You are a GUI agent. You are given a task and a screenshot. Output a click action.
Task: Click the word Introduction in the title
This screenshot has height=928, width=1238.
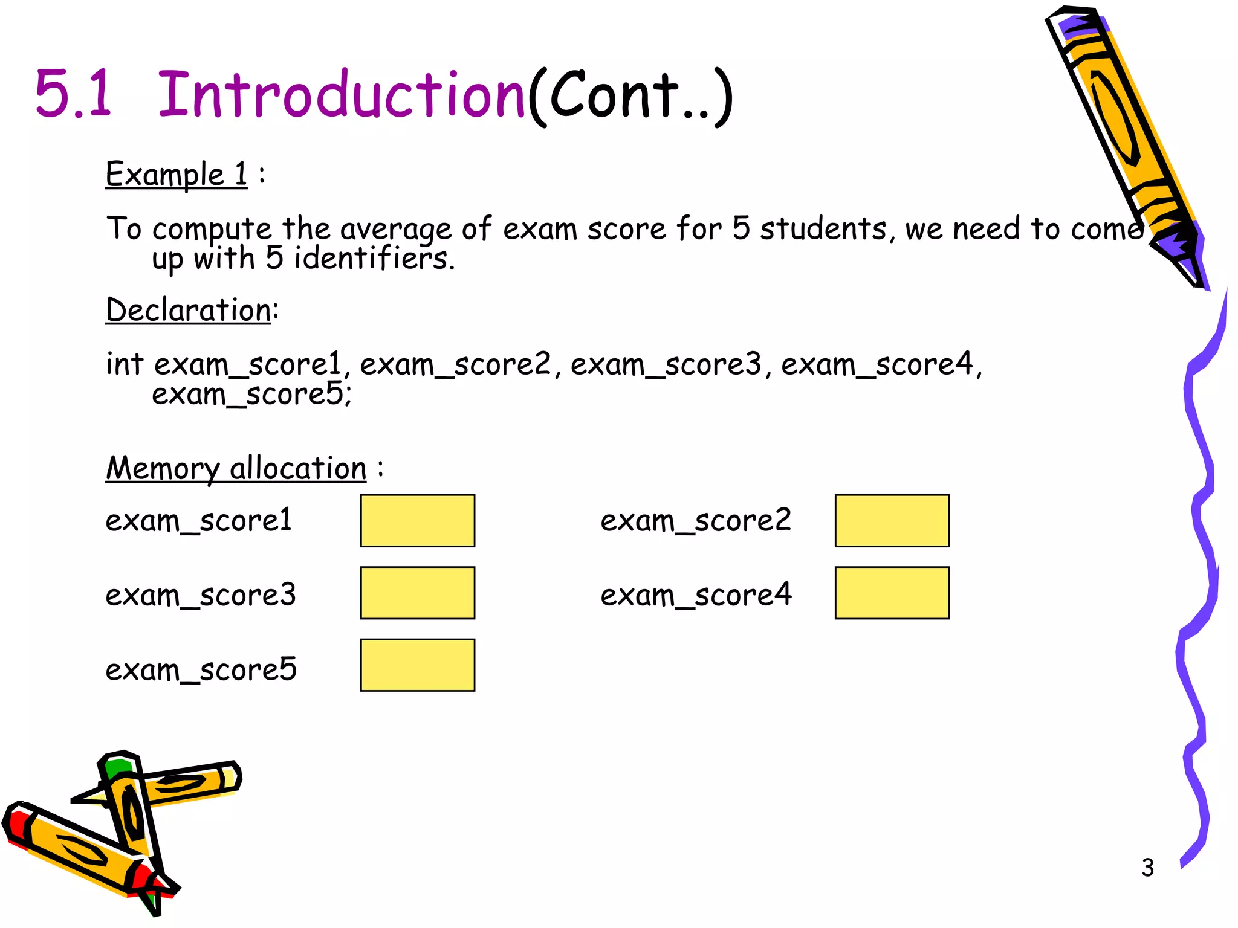click(341, 95)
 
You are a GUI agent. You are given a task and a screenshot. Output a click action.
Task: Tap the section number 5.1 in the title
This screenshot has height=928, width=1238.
click(74, 95)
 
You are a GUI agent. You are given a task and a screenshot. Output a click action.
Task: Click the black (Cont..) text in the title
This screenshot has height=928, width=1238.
click(630, 97)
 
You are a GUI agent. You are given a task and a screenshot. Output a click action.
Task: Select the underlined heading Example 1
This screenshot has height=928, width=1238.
click(177, 175)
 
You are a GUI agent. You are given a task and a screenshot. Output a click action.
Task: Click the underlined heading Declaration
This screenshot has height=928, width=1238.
click(189, 311)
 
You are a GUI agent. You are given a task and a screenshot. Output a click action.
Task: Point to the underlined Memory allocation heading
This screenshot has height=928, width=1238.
click(236, 469)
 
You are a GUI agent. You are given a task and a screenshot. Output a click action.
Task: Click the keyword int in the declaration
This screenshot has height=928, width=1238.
click(124, 364)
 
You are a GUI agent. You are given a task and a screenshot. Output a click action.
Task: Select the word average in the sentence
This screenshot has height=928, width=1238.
click(395, 230)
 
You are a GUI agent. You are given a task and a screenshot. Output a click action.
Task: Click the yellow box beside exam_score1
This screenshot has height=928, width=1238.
click(417, 521)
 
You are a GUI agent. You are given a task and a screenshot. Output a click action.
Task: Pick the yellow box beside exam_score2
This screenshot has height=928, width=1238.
click(892, 521)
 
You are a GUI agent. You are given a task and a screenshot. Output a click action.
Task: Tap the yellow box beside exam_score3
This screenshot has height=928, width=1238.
click(417, 593)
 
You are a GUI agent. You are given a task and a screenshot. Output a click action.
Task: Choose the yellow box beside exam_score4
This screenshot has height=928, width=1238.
click(892, 593)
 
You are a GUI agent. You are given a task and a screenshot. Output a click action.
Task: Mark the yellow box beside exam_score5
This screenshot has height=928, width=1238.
click(417, 665)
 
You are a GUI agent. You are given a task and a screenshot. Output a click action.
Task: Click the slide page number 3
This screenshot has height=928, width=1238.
click(1147, 868)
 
